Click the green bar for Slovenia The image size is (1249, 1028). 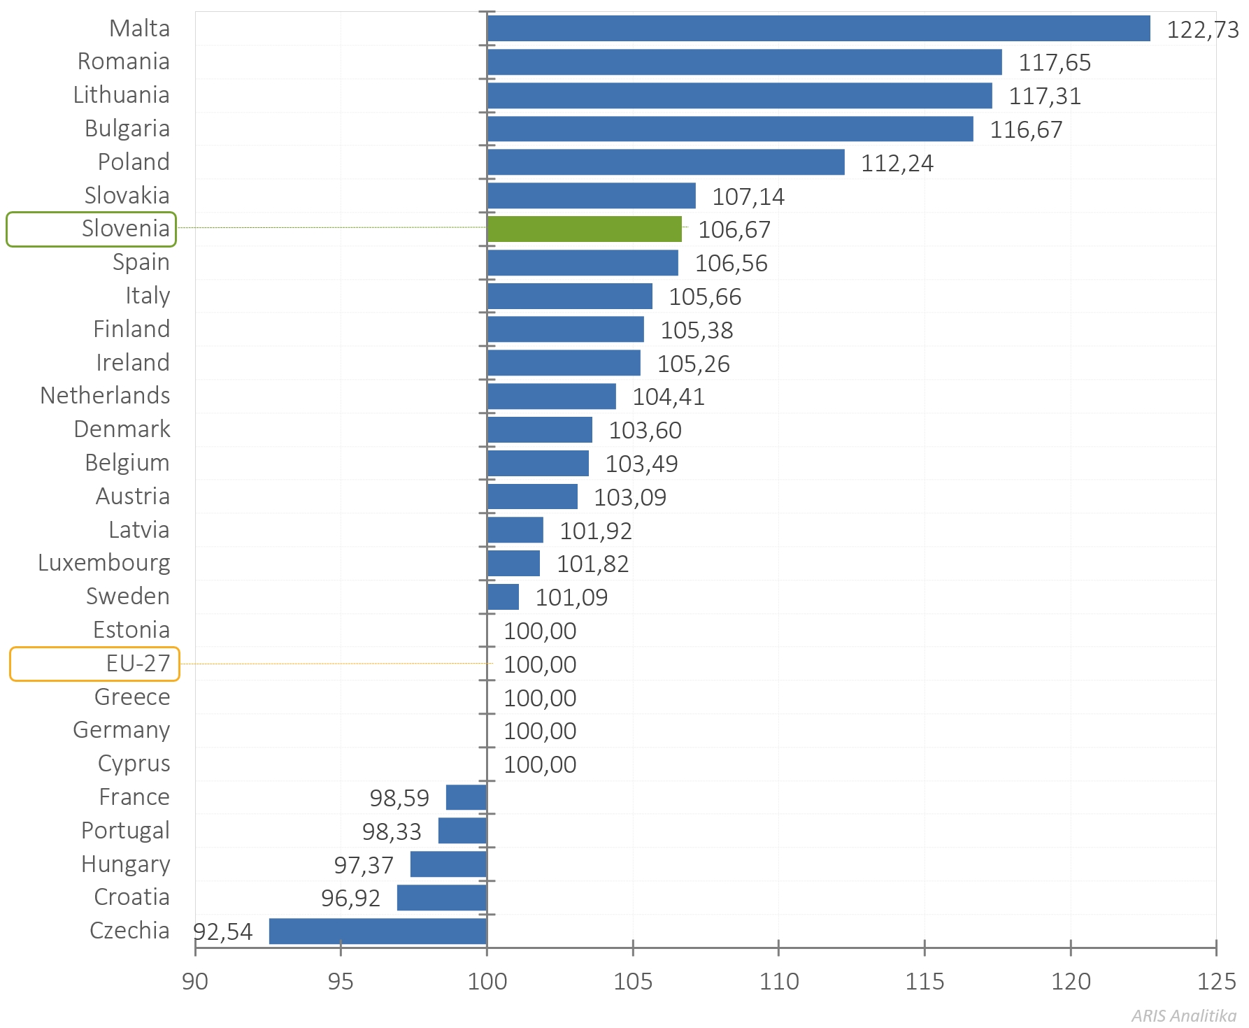pyautogui.click(x=584, y=229)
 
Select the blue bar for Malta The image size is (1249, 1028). pyautogui.click(x=818, y=29)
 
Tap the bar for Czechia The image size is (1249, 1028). pyautogui.click(x=378, y=931)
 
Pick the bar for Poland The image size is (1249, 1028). pyautogui.click(x=665, y=162)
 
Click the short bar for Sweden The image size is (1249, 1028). pyautogui.click(x=503, y=597)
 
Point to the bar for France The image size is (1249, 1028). pyautogui.click(x=466, y=797)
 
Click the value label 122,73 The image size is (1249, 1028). pyautogui.click(x=1202, y=30)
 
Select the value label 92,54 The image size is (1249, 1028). pyautogui.click(x=222, y=932)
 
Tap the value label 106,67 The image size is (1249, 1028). pyautogui.click(x=734, y=230)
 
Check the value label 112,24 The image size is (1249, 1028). pyautogui.click(x=897, y=164)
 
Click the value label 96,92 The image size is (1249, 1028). pyautogui.click(x=350, y=899)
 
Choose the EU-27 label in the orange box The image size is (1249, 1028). pyautogui.click(x=138, y=664)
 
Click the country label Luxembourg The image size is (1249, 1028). pyautogui.click(x=104, y=563)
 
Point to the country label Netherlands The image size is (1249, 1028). pyautogui.click(x=105, y=396)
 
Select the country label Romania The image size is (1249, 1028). pyautogui.click(x=123, y=62)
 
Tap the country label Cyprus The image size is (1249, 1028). pyautogui.click(x=134, y=764)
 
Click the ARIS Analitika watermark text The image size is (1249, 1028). pyautogui.click(x=1183, y=1015)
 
